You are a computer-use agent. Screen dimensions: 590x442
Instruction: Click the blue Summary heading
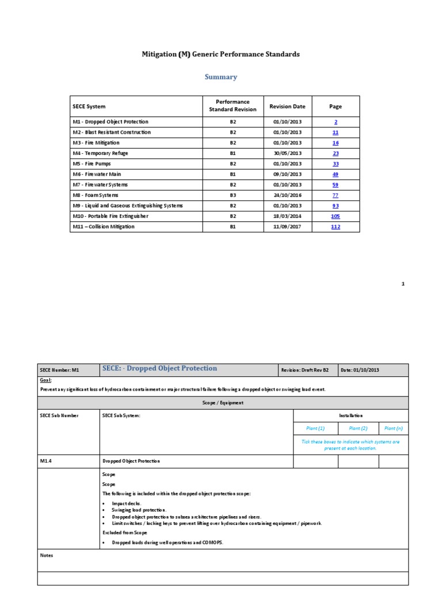coord(221,77)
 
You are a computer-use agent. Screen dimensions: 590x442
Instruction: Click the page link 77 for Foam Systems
coord(336,195)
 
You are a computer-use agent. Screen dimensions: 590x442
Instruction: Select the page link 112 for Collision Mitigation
coord(336,227)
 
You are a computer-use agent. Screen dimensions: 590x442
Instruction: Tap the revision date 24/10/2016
coord(287,195)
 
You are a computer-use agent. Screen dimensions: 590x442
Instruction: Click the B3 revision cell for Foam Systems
coord(233,195)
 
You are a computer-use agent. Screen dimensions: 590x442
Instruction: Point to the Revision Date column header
coord(287,106)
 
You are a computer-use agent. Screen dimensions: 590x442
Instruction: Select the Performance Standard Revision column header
coord(233,106)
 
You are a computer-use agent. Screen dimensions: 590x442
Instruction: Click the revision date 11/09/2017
coord(287,227)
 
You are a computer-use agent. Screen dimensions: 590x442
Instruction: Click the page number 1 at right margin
coord(403,283)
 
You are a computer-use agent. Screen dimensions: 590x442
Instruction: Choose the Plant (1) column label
coord(315,428)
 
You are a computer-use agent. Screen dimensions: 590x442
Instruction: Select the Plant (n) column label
coord(394,428)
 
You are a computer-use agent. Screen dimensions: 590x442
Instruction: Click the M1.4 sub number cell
coord(47,461)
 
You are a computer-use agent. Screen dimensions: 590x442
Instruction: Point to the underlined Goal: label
coord(45,381)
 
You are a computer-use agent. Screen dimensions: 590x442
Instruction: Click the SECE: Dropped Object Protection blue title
coord(159,369)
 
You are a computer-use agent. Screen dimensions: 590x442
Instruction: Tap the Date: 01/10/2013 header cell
coord(360,370)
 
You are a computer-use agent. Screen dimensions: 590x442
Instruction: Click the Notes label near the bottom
coord(47,555)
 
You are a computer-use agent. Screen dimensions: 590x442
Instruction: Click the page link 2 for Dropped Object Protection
coord(336,122)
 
